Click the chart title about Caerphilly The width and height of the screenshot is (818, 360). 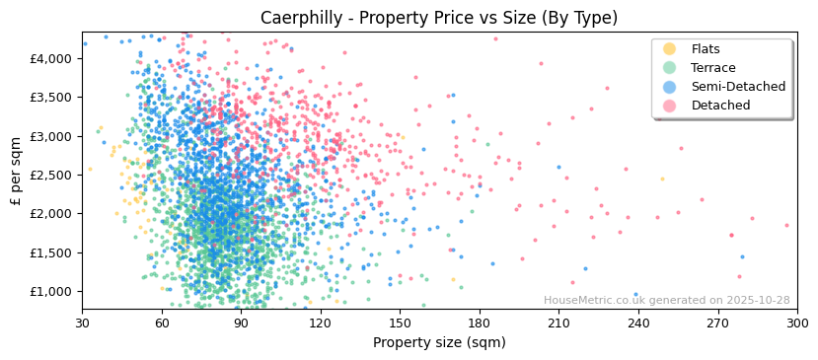pyautogui.click(x=439, y=18)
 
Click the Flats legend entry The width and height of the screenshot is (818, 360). pyautogui.click(x=705, y=49)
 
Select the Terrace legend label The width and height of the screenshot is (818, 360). pyautogui.click(x=712, y=68)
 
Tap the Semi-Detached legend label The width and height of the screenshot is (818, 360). pyautogui.click(x=738, y=87)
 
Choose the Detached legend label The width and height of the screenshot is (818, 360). pyautogui.click(x=720, y=106)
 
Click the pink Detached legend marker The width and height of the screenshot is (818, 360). pyautogui.click(x=670, y=106)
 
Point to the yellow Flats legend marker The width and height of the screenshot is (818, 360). pyautogui.click(x=670, y=49)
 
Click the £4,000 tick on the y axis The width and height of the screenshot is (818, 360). pyautogui.click(x=50, y=58)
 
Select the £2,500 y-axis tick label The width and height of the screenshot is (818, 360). pyautogui.click(x=50, y=175)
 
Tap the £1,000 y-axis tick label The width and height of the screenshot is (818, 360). pyautogui.click(x=50, y=291)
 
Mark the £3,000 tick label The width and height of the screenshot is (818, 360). pyautogui.click(x=50, y=136)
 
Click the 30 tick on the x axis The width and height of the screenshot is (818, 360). pyautogui.click(x=82, y=323)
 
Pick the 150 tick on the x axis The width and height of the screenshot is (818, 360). pyautogui.click(x=400, y=323)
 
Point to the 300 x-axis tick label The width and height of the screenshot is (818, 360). pyautogui.click(x=797, y=323)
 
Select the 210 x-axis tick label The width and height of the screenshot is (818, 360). pyautogui.click(x=558, y=323)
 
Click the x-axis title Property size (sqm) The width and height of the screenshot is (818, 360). pyautogui.click(x=439, y=342)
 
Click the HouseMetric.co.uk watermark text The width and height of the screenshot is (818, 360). pyautogui.click(x=666, y=301)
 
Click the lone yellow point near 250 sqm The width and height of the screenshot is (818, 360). pyautogui.click(x=662, y=179)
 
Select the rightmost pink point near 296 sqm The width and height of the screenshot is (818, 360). pyautogui.click(x=786, y=225)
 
